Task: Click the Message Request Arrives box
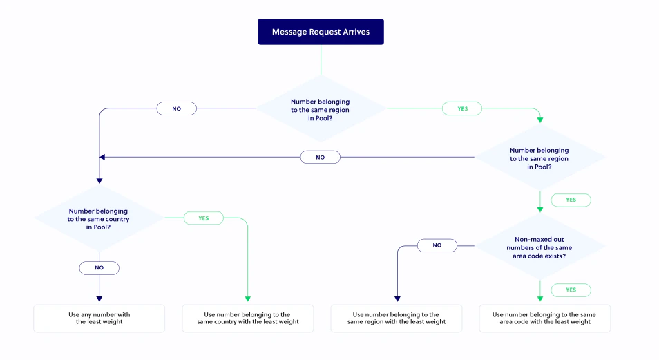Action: click(321, 32)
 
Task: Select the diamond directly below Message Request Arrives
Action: click(321, 109)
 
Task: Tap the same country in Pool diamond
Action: click(98, 218)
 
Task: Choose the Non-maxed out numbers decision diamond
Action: click(539, 246)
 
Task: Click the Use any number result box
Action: click(99, 319)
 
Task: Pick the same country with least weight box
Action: click(247, 319)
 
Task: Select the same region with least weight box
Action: click(396, 319)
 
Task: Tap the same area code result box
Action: click(544, 319)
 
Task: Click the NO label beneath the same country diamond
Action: click(99, 267)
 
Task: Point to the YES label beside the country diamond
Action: click(203, 218)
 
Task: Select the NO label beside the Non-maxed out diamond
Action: click(437, 245)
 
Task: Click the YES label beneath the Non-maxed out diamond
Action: click(571, 290)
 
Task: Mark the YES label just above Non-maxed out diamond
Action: click(571, 200)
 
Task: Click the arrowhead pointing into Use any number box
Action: click(99, 299)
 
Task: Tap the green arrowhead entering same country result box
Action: click(247, 299)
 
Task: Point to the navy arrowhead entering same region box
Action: click(396, 299)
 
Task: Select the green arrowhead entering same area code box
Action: click(540, 299)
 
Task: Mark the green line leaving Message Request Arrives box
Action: click(321, 59)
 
